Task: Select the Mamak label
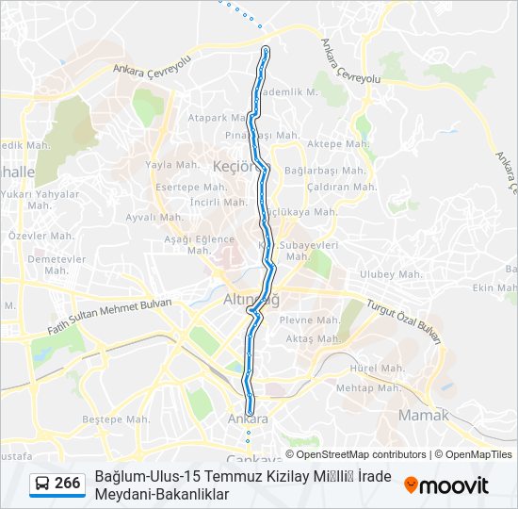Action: click(x=425, y=415)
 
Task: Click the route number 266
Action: click(x=67, y=484)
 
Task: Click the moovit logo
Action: click(x=446, y=484)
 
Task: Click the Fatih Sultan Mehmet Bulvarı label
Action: click(x=109, y=318)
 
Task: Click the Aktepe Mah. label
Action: click(x=338, y=144)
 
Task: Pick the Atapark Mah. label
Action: click(x=216, y=118)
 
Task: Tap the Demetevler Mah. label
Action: click(x=57, y=264)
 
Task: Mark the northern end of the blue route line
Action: click(x=267, y=48)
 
